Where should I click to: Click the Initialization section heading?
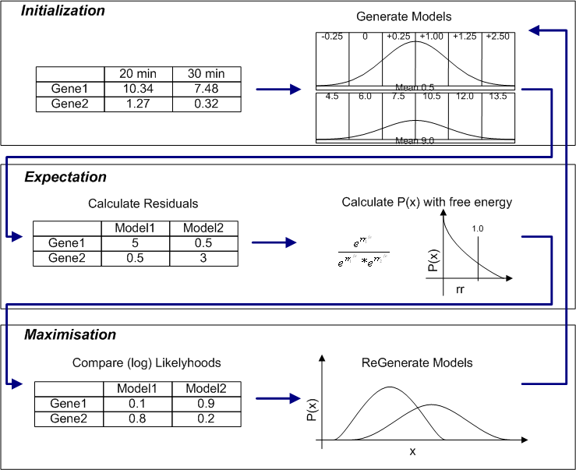point(62,12)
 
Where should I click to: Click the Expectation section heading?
point(65,177)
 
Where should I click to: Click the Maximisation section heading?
point(70,334)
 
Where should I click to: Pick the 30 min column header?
point(206,73)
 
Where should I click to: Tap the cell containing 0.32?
point(206,103)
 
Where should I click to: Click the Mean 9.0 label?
point(415,140)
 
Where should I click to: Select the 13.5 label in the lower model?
point(497,97)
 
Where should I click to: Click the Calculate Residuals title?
point(143,203)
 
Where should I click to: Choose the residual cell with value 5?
point(136,243)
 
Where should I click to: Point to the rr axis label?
point(460,288)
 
